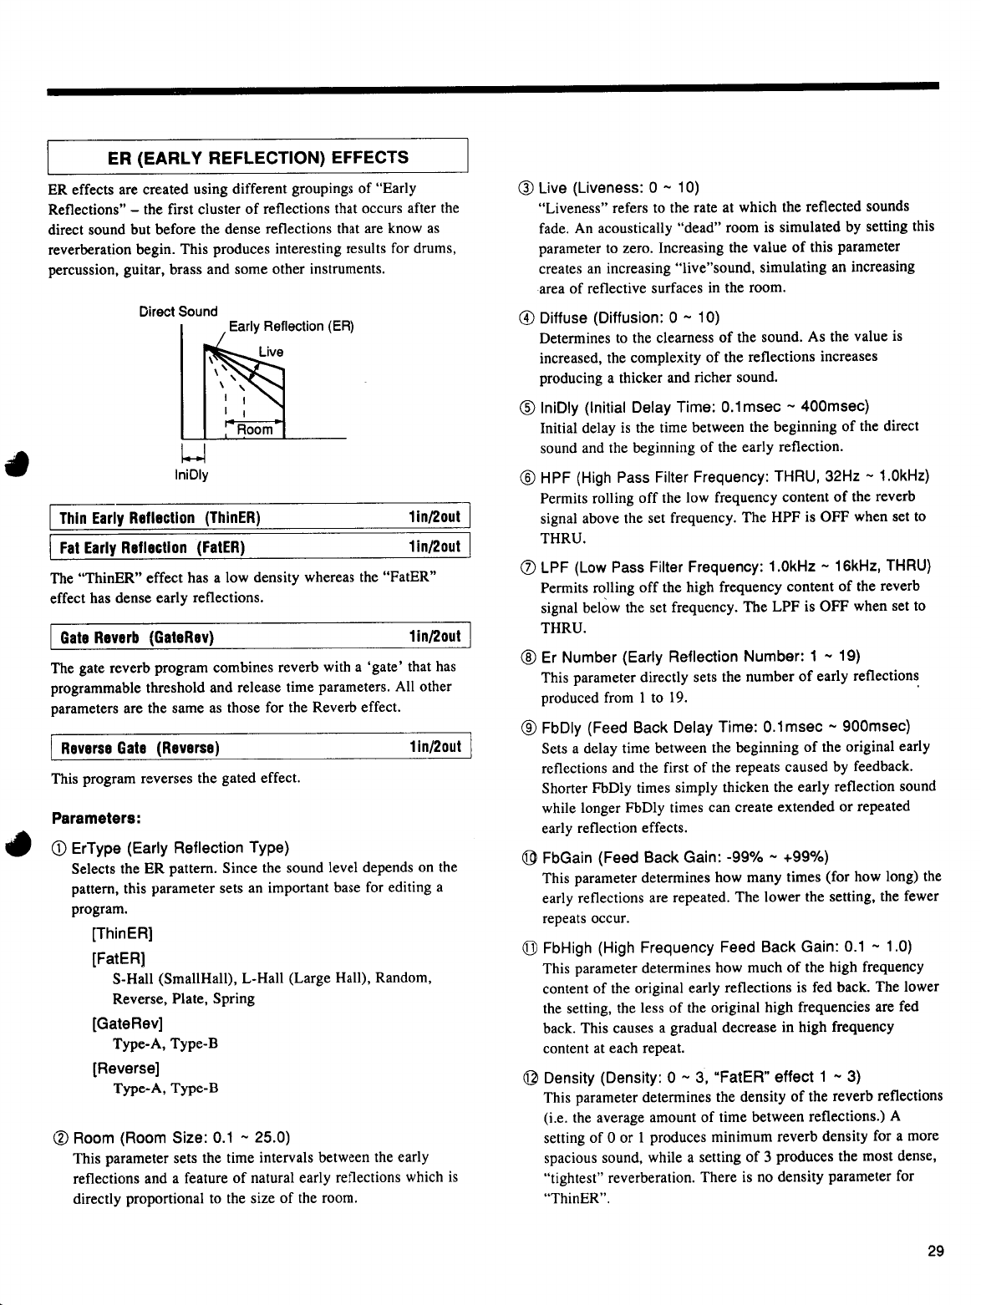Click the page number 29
click(x=935, y=1251)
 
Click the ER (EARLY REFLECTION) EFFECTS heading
click(x=258, y=157)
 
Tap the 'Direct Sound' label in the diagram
click(x=178, y=312)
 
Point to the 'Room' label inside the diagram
click(x=255, y=429)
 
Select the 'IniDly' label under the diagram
click(x=191, y=475)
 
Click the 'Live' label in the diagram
click(x=271, y=352)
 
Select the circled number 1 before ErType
click(x=59, y=848)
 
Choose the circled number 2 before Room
click(x=59, y=1137)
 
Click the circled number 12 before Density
click(x=528, y=1077)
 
